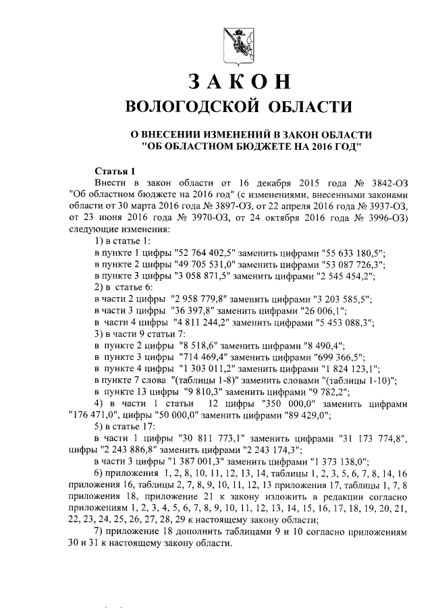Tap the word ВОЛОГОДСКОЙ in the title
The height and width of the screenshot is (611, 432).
(194, 107)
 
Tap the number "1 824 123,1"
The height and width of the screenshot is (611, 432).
(346, 369)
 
